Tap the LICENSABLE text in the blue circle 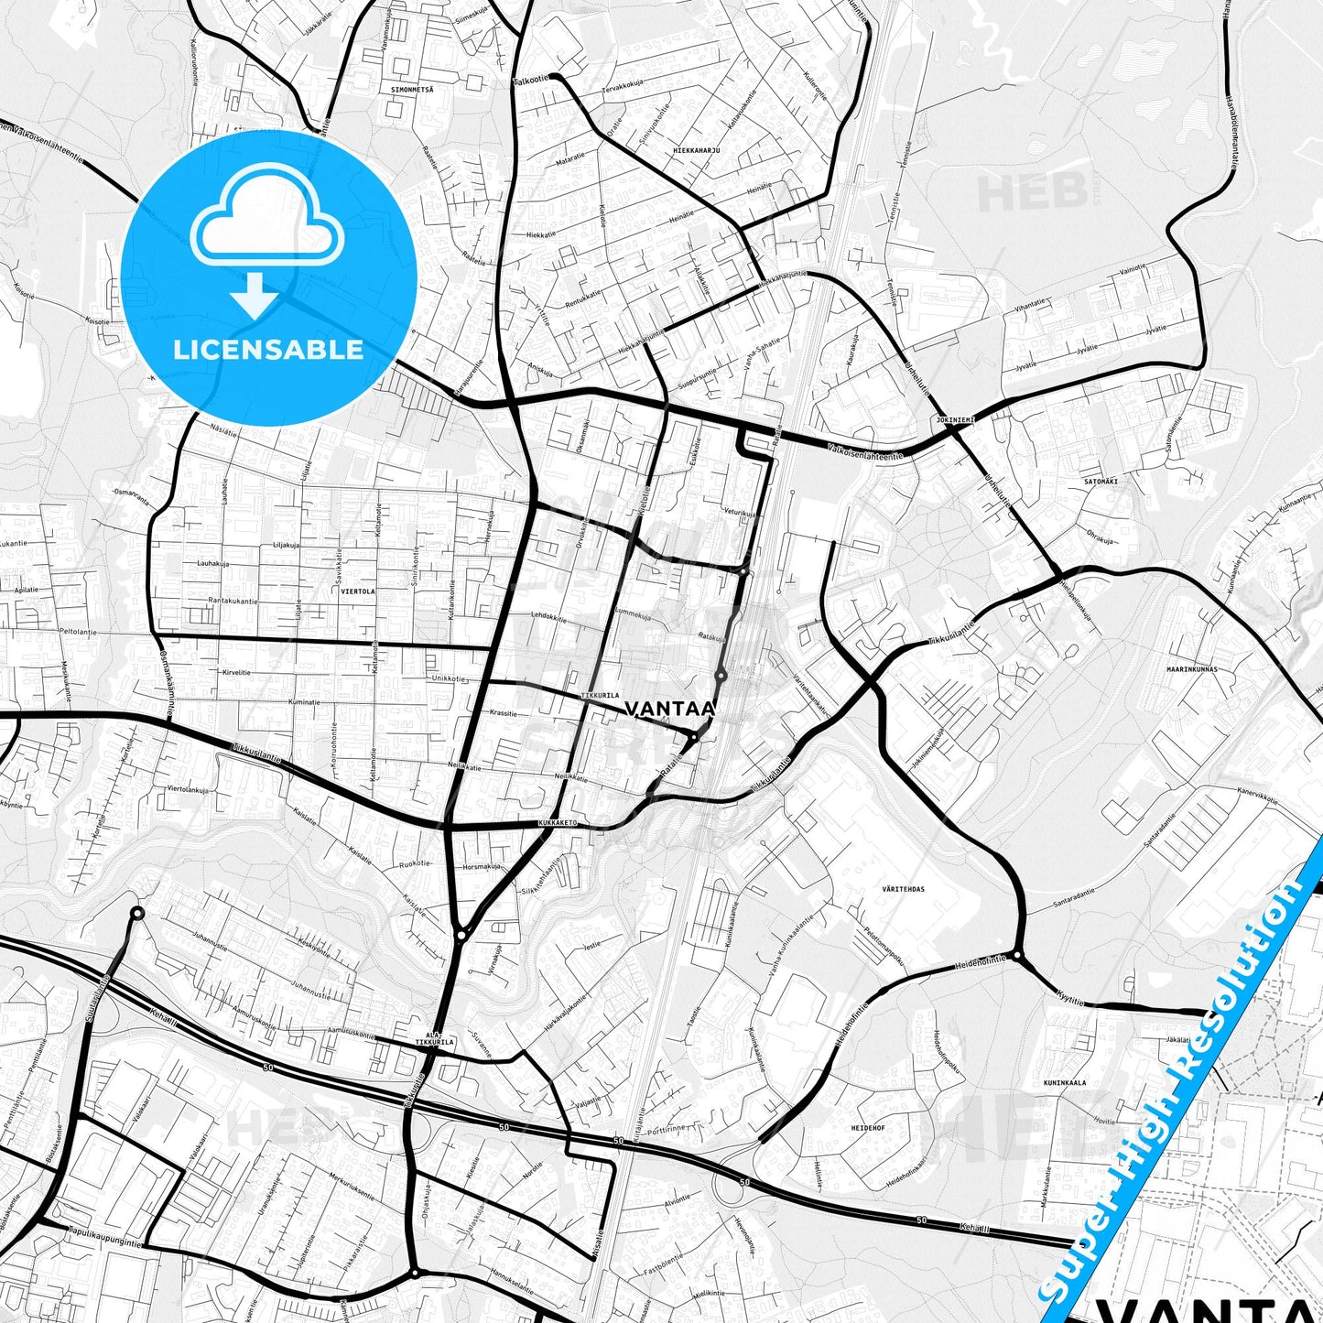(x=268, y=350)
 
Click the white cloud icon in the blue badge (x=267, y=216)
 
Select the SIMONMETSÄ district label (x=412, y=90)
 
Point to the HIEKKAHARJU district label (x=697, y=149)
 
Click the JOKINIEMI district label (x=956, y=419)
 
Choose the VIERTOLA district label (x=358, y=591)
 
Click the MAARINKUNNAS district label (x=1192, y=669)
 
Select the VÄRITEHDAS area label (x=904, y=889)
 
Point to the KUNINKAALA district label (x=1065, y=1083)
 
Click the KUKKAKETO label (x=558, y=823)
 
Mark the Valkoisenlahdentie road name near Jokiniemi (x=864, y=450)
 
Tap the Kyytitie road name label (x=1069, y=999)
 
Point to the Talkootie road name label (x=531, y=80)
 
